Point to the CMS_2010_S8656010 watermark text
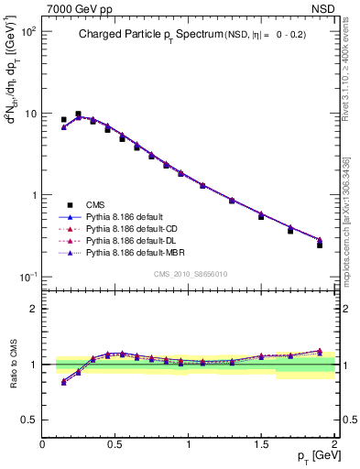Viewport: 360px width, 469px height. (x=189, y=274)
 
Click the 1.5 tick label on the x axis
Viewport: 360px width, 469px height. (x=261, y=444)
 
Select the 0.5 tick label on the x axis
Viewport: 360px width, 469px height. (x=115, y=444)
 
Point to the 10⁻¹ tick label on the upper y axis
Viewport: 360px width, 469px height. (x=27, y=277)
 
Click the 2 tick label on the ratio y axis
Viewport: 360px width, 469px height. (x=32, y=310)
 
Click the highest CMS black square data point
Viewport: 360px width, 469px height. (x=78, y=115)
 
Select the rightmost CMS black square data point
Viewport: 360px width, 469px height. (x=320, y=245)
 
